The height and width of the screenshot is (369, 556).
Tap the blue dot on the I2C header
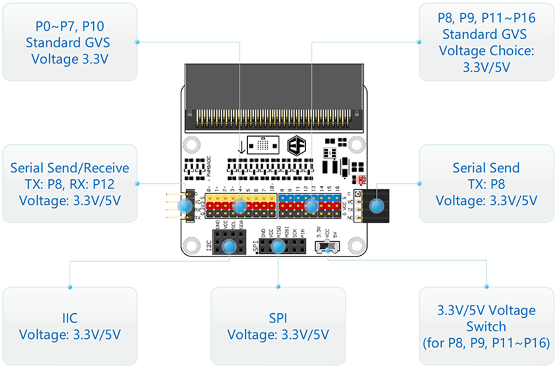229,247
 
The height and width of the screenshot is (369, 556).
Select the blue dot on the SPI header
278,247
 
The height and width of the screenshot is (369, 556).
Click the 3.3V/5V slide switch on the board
327,247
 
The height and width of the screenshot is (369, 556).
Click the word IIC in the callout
70,318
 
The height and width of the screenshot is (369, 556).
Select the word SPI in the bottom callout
278,318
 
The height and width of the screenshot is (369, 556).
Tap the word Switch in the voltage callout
486,326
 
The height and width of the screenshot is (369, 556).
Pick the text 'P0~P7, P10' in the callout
70,26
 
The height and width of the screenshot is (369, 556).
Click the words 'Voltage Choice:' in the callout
486,51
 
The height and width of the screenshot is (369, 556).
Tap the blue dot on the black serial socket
376,206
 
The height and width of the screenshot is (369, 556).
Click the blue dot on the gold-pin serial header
185,206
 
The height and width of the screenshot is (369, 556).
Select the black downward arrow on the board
241,148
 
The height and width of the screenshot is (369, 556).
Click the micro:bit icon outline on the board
263,145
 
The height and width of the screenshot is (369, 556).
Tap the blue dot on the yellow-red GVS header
239,206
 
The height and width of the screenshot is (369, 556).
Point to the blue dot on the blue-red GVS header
311,206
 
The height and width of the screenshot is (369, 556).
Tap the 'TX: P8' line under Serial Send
486,184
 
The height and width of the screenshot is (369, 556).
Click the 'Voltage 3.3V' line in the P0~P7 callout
70,59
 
